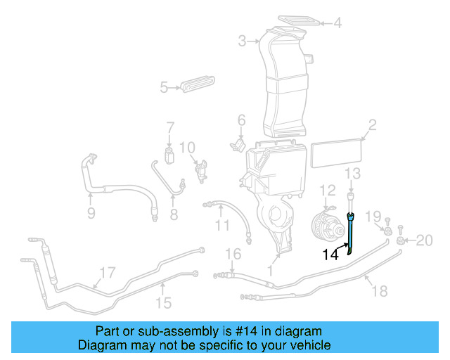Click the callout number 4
pyautogui.click(x=337, y=23)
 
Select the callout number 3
pyautogui.click(x=243, y=41)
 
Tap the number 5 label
pyautogui.click(x=164, y=88)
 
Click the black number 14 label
pyautogui.click(x=331, y=255)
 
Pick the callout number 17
pyautogui.click(x=107, y=272)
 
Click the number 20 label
pyautogui.click(x=424, y=241)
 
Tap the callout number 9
pyautogui.click(x=91, y=213)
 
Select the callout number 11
pyautogui.click(x=222, y=226)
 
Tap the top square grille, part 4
pyautogui.click(x=297, y=20)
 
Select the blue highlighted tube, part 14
pyautogui.click(x=352, y=232)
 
